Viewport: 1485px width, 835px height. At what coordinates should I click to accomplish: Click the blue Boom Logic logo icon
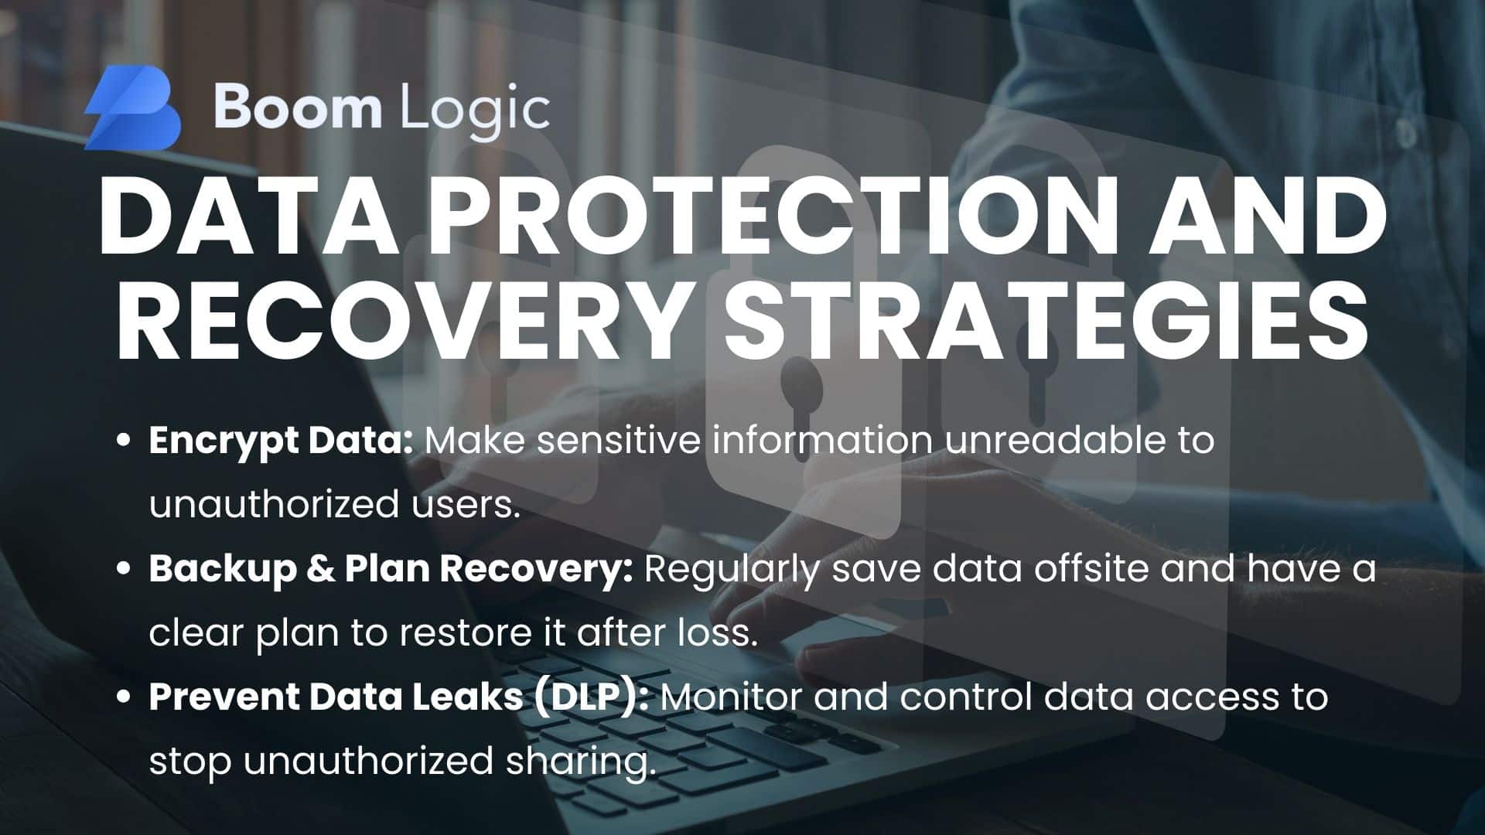tap(133, 107)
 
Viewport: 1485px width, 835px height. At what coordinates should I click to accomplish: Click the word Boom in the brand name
tap(298, 107)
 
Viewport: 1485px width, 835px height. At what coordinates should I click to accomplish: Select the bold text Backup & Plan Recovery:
tap(391, 570)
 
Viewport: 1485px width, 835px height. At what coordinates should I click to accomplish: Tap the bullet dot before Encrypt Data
tap(123, 441)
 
